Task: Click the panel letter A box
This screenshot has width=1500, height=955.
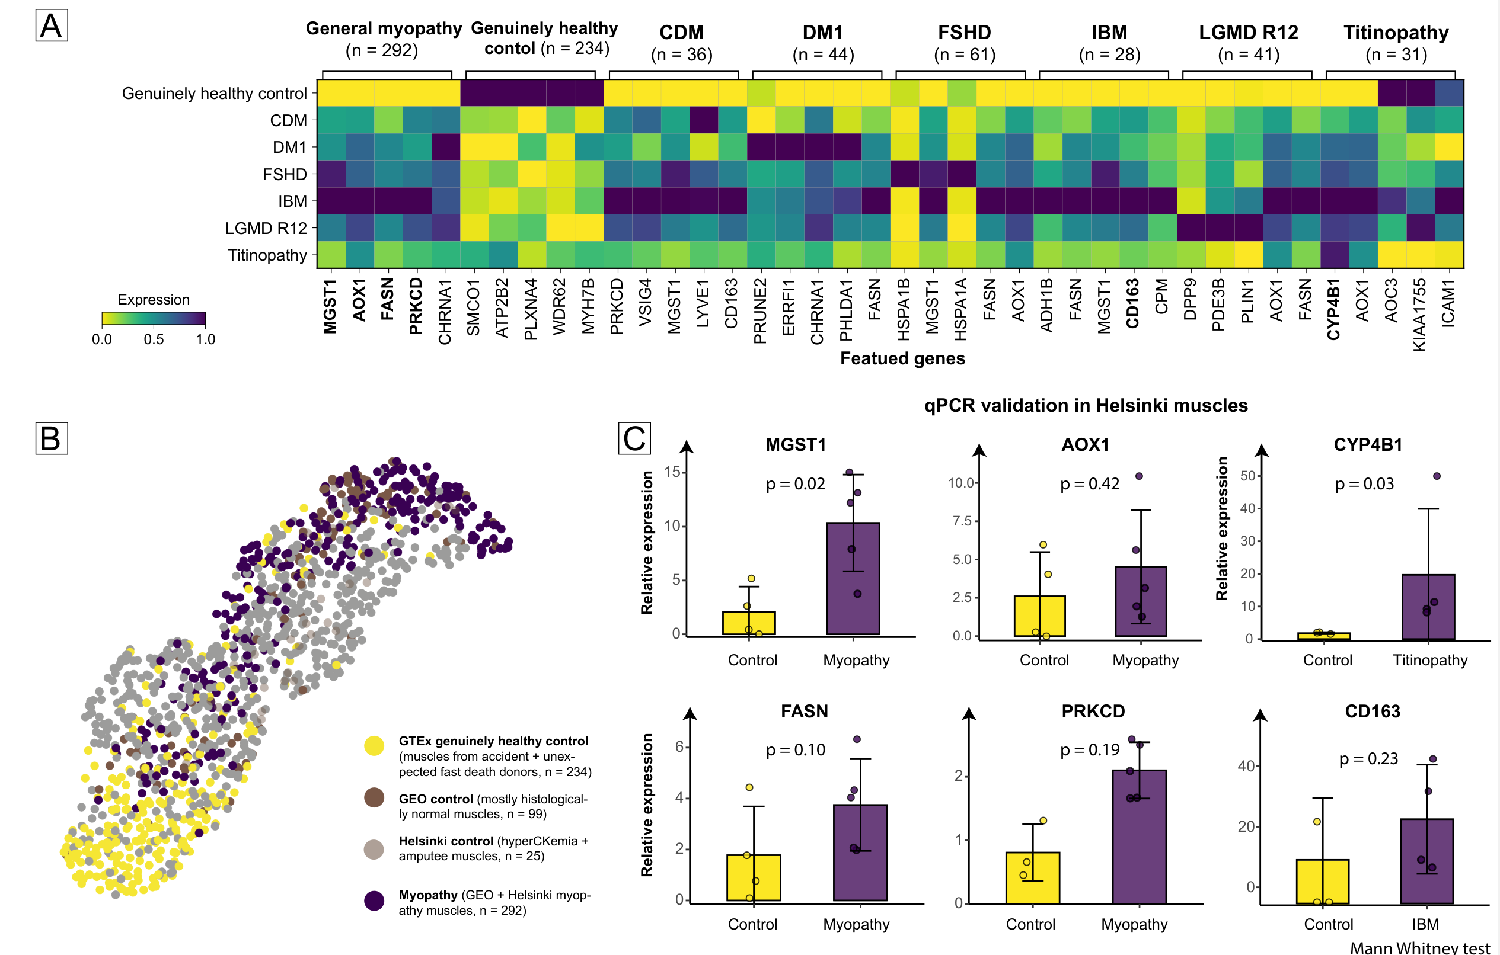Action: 51,26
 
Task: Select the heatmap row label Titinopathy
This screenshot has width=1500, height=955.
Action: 267,255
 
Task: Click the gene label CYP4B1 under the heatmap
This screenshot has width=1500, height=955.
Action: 1333,309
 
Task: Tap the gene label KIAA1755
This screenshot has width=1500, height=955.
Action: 1419,315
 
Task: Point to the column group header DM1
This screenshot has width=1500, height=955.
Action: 823,33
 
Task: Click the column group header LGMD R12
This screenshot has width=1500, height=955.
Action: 1249,33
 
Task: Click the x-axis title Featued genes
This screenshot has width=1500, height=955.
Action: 902,358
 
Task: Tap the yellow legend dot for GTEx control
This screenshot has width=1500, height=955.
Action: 374,745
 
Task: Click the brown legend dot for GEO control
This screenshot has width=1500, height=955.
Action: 374,797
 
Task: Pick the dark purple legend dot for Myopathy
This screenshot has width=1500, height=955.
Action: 374,900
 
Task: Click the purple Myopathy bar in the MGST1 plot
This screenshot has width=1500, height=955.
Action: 853,578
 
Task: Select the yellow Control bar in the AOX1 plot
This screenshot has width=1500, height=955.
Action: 1039,616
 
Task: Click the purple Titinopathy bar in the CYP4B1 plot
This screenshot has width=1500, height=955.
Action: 1428,607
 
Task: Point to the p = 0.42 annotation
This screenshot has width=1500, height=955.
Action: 1090,484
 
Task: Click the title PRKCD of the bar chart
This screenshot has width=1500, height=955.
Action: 1093,711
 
